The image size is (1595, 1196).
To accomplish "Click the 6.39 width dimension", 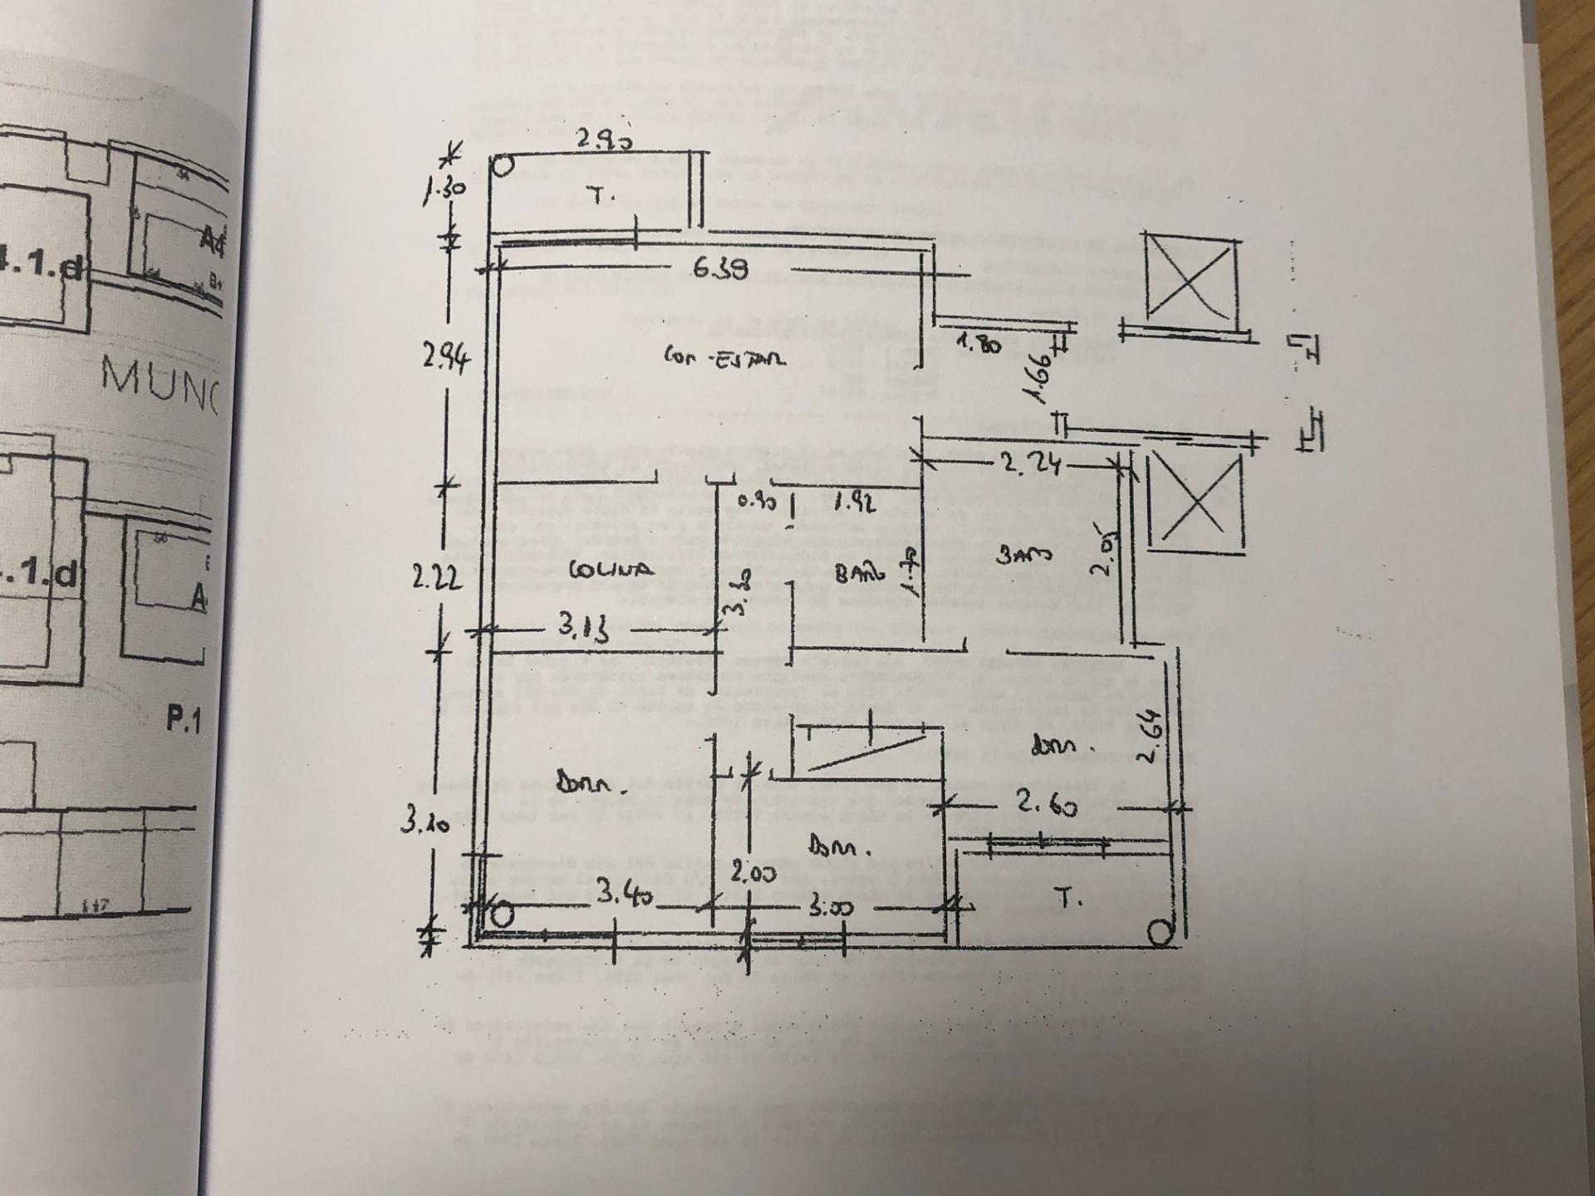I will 720,268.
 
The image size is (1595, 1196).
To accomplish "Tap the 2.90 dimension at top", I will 605,140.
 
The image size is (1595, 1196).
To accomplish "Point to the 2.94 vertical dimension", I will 446,358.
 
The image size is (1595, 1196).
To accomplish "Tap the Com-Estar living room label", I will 724,358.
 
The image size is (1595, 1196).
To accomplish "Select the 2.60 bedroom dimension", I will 1046,803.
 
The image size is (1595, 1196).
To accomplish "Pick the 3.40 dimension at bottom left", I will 625,895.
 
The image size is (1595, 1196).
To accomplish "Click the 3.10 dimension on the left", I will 425,821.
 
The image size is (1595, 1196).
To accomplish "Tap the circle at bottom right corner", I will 1161,933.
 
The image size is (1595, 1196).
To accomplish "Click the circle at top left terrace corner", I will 503,166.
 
